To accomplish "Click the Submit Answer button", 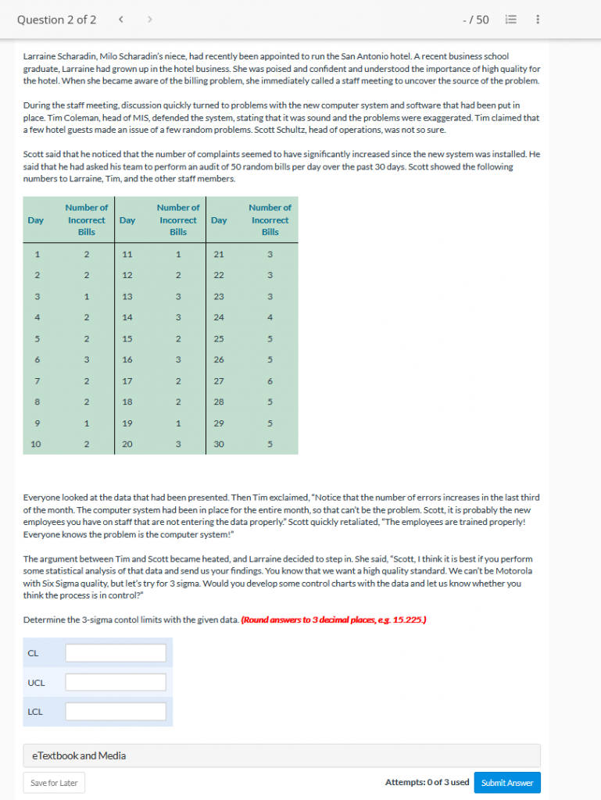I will click(507, 782).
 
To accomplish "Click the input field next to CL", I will click(116, 652).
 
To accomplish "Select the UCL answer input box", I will click(116, 682).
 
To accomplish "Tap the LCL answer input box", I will click(116, 712).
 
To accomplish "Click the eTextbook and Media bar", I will click(281, 755).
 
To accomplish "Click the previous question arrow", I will click(121, 20).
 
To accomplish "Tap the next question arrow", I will click(149, 20).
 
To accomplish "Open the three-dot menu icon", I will click(538, 20).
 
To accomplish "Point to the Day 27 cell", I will click(220, 380).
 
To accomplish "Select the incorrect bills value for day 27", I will click(270, 380).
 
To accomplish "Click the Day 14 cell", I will click(127, 317).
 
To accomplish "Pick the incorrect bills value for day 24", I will click(270, 317).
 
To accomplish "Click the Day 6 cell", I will click(36, 359).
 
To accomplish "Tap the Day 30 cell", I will click(220, 444).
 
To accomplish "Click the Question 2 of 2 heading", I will click(57, 20).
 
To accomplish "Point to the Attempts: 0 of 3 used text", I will click(427, 782).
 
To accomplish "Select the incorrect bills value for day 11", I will click(178, 254).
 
